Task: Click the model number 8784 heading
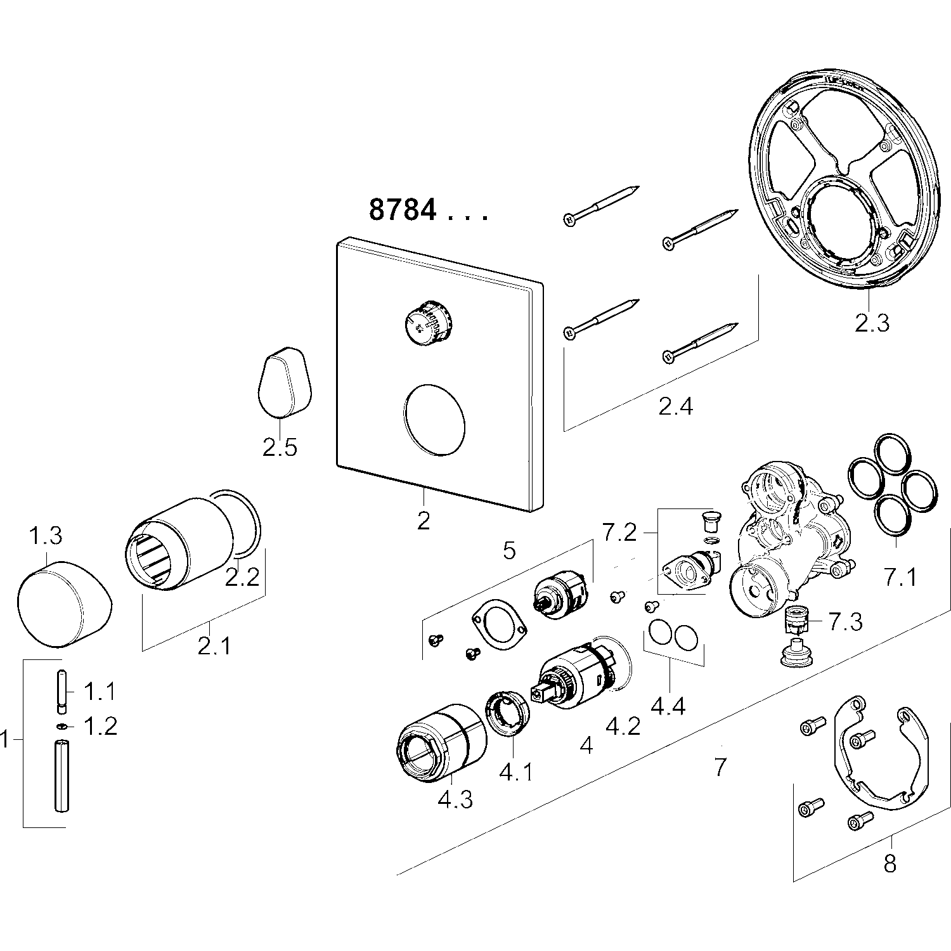point(403,210)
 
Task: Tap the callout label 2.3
point(872,323)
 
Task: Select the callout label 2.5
point(280,448)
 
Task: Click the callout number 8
point(890,863)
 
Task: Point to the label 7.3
point(846,622)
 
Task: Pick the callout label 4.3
point(455,799)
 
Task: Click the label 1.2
point(101,727)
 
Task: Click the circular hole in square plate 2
point(434,420)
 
